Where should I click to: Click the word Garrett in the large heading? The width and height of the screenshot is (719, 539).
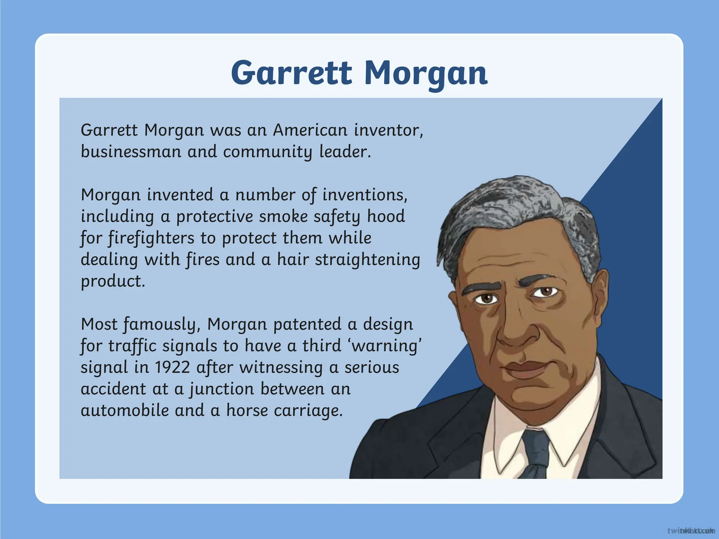[x=291, y=73]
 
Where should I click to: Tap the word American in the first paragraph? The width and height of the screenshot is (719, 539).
[x=310, y=130]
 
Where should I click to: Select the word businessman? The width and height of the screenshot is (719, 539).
[x=131, y=152]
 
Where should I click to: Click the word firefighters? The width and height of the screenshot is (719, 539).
[x=151, y=238]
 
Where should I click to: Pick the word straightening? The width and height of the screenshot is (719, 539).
[x=367, y=260]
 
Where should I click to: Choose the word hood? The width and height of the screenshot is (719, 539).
[x=386, y=216]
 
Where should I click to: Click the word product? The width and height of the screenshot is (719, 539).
[x=113, y=281]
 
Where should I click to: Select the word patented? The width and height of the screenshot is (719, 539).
[x=307, y=324]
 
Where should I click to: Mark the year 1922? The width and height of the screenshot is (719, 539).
[x=172, y=367]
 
